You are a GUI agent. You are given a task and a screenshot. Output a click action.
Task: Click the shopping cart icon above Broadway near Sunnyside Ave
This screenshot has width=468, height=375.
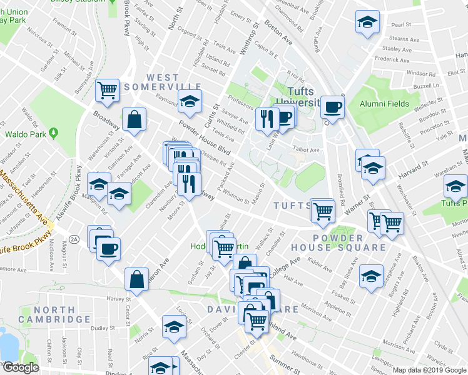(107, 91)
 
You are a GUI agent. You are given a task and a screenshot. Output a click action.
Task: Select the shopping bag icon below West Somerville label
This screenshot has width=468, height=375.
(134, 119)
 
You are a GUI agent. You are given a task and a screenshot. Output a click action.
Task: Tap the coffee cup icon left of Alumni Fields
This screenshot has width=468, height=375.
(332, 107)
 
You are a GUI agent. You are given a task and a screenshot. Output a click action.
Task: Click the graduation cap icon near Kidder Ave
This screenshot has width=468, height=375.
(371, 276)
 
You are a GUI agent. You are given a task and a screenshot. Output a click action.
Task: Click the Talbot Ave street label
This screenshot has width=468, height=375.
(307, 149)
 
